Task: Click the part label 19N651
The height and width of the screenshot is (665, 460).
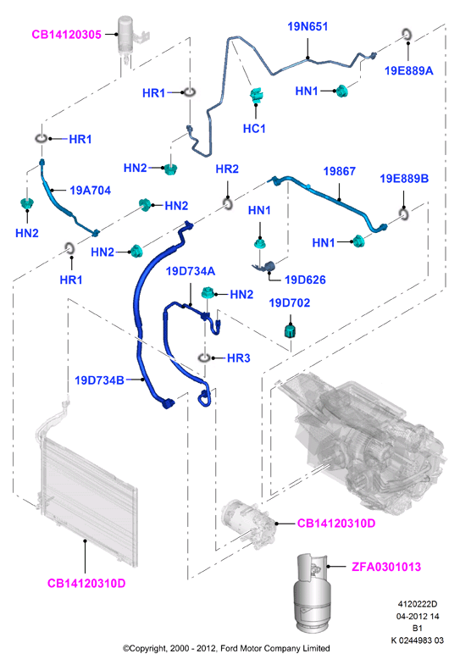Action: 308,27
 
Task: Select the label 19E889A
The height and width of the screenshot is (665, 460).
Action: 408,71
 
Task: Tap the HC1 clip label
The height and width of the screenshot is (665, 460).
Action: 254,129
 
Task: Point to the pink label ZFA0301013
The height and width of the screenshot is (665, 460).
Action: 386,567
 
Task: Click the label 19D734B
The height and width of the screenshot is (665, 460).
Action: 99,380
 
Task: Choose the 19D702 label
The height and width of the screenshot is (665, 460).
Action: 290,302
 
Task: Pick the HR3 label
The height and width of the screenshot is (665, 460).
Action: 239,358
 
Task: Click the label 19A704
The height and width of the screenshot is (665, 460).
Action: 91,191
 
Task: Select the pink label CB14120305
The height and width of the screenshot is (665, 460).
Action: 67,35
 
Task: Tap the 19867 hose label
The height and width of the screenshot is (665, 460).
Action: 339,171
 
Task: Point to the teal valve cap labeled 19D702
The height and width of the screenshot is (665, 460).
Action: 290,330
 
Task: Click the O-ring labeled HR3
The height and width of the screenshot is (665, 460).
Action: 204,359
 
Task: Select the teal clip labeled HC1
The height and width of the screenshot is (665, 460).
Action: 256,96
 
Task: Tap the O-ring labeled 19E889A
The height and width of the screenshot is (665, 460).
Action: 407,34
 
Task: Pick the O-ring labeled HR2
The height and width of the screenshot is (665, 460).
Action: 228,204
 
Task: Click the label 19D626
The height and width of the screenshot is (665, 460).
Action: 305,280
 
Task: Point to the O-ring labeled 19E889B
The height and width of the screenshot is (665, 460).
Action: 404,213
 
